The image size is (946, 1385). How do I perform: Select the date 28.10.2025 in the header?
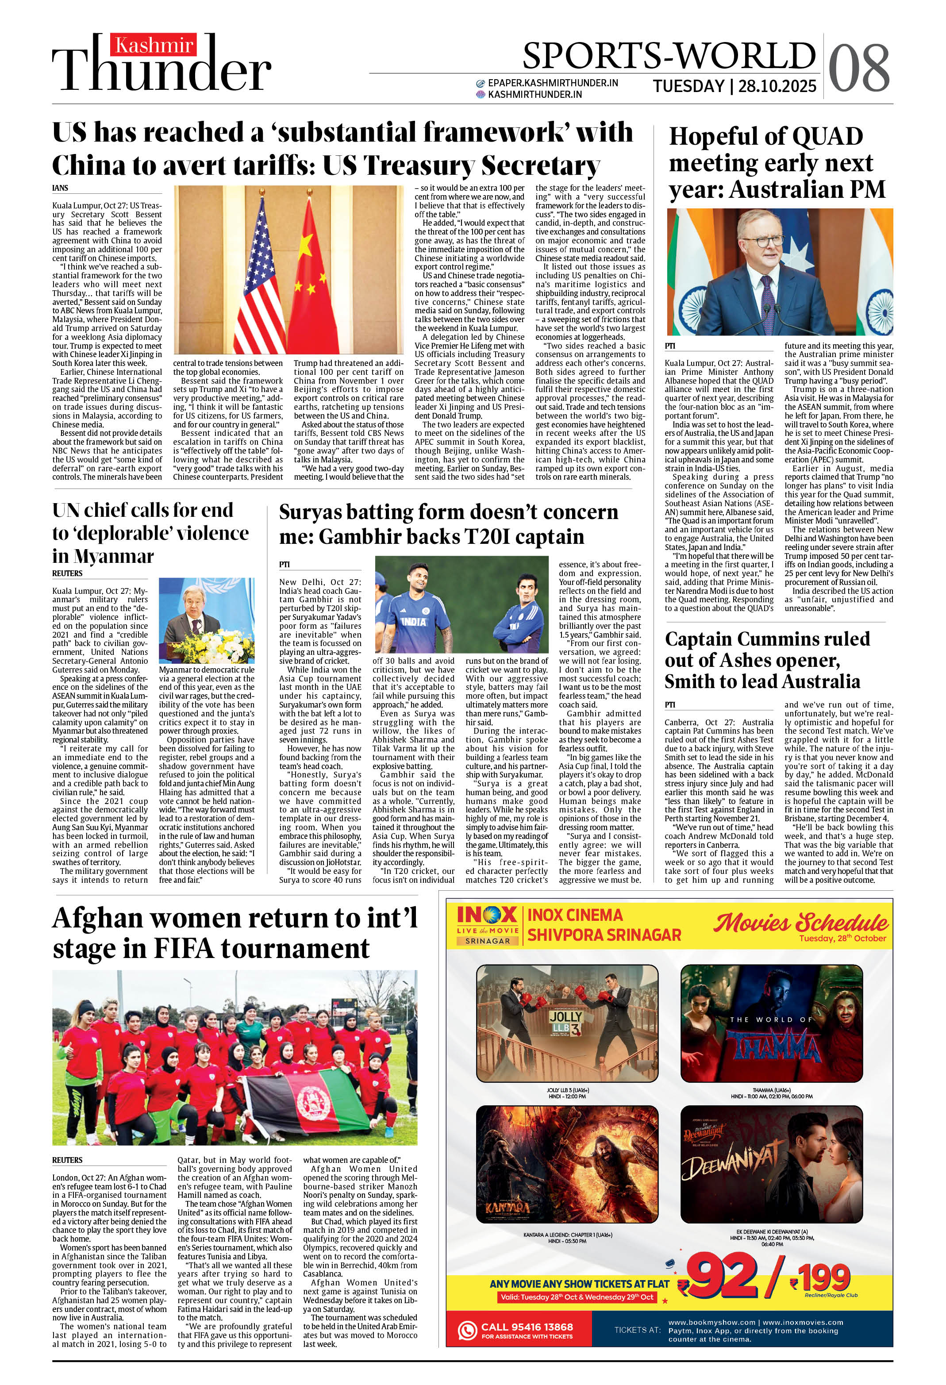point(777,86)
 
